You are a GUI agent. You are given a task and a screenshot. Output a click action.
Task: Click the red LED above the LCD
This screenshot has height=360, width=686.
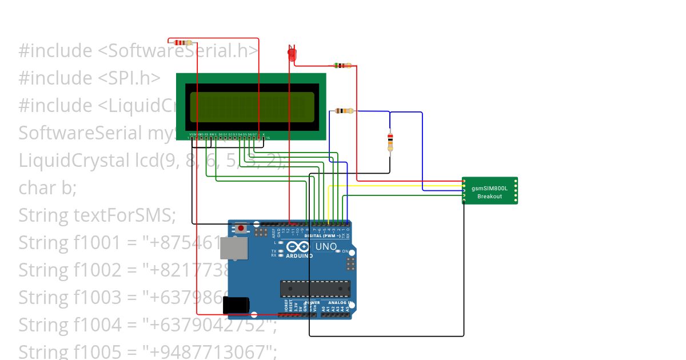click(291, 54)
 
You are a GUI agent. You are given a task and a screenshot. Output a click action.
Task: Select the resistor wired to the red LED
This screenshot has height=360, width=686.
click(342, 66)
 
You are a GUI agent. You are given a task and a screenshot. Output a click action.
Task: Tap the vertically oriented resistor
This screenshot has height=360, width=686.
click(390, 141)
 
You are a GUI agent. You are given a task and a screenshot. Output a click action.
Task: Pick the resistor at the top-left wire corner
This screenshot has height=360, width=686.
click(182, 42)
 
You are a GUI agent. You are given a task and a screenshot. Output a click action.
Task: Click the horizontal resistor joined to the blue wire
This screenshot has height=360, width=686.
click(344, 111)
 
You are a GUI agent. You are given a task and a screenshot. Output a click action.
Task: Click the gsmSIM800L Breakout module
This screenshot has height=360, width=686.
click(489, 191)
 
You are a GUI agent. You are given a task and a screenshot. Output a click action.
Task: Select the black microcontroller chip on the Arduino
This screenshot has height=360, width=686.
click(314, 289)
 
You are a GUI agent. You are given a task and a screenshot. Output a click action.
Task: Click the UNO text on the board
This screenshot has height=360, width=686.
click(326, 247)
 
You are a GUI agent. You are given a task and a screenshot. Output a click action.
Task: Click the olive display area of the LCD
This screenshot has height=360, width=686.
click(252, 107)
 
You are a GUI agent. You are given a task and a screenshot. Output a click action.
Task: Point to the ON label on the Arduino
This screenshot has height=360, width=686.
click(345, 251)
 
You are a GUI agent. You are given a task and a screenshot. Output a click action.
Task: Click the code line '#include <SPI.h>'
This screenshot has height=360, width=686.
click(89, 78)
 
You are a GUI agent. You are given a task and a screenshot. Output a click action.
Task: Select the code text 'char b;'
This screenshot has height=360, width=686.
click(47, 188)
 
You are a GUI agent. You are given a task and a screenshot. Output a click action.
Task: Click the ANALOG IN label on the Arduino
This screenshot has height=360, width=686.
click(341, 302)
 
